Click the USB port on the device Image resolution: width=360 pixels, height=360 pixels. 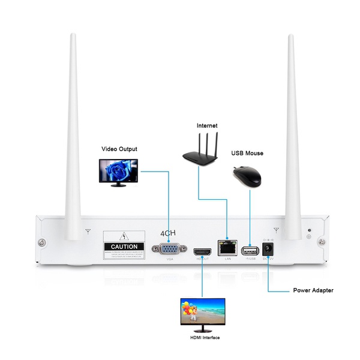point(248,250)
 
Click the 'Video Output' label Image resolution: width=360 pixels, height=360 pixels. point(119,149)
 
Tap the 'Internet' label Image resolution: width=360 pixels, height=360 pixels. point(207,126)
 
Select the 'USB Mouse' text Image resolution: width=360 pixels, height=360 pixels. point(247,153)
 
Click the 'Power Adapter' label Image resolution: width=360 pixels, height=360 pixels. point(313,290)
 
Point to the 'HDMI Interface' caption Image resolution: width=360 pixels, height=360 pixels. point(205,338)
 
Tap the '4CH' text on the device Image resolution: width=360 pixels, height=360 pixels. point(170,233)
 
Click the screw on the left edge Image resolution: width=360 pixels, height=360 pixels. point(42,242)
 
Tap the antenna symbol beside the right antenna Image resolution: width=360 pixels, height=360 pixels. point(276,229)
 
